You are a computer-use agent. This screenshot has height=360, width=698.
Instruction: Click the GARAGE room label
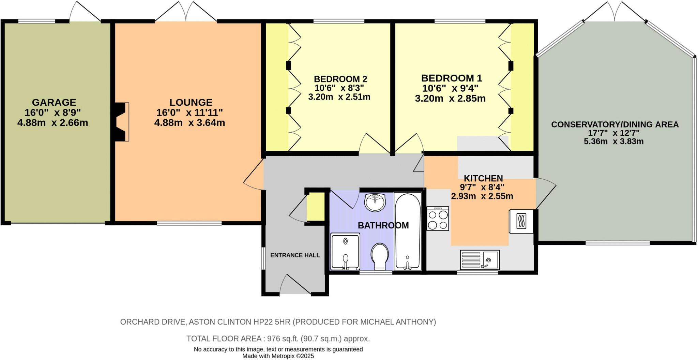pyautogui.click(x=54, y=102)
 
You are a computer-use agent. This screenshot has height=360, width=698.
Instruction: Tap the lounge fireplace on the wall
pyautogui.click(x=122, y=122)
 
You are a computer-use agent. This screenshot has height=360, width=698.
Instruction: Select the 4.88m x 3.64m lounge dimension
pyautogui.click(x=189, y=123)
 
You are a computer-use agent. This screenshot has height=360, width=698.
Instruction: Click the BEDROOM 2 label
pyautogui.click(x=340, y=79)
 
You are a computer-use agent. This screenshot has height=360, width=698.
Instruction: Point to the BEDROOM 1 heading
pyautogui.click(x=451, y=78)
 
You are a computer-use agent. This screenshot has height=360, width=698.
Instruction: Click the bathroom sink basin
pyautogui.click(x=375, y=202)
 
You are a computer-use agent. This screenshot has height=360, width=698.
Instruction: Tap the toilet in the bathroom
pyautogui.click(x=380, y=256)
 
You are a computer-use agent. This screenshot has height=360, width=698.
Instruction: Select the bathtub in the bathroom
pyautogui.click(x=407, y=231)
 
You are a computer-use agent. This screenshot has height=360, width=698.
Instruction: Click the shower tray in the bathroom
pyautogui.click(x=345, y=251)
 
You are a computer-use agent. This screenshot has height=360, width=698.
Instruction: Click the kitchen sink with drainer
pyautogui.click(x=480, y=260)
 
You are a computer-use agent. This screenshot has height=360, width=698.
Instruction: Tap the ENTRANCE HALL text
pyautogui.click(x=295, y=255)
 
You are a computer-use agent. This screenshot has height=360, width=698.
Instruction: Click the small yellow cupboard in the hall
pyautogui.click(x=316, y=207)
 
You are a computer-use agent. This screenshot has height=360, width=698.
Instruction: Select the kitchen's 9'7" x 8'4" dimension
pyautogui.click(x=482, y=187)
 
